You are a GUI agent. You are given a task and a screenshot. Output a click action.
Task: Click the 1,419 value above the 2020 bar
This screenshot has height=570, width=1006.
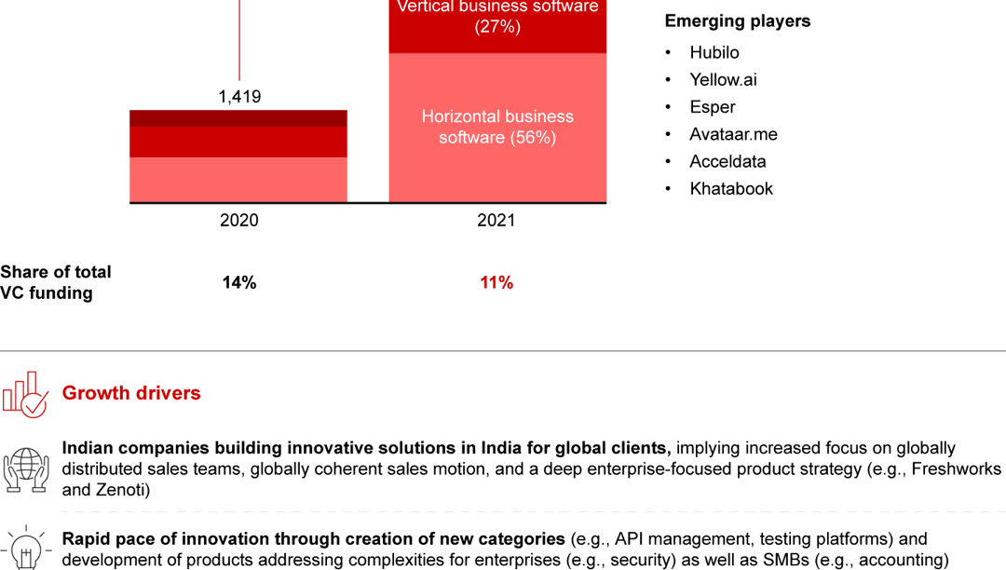point(239,96)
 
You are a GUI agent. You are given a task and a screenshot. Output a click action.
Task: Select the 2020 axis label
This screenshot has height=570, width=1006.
point(239,221)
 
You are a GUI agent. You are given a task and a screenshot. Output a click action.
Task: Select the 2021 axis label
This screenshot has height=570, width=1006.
point(496,221)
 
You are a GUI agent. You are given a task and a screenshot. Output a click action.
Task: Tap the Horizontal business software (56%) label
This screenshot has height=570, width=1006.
point(497,127)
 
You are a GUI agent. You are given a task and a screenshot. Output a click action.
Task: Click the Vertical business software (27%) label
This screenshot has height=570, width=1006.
point(497,17)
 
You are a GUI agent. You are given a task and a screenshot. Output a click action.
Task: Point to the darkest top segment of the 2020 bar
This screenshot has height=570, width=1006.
point(238,118)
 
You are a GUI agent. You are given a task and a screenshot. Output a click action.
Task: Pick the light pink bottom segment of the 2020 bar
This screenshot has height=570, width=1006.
point(238,179)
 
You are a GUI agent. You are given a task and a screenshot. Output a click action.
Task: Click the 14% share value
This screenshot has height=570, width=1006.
point(239,282)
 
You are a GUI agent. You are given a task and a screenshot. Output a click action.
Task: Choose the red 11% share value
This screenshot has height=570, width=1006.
point(496,282)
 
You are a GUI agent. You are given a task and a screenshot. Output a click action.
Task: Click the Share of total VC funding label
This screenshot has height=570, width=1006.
point(56,282)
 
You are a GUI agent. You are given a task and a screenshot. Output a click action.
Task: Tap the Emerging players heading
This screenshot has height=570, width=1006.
point(737,20)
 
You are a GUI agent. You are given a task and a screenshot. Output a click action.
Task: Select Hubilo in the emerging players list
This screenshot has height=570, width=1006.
point(714,52)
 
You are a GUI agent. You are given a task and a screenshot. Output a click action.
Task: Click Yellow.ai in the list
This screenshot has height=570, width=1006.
point(723,79)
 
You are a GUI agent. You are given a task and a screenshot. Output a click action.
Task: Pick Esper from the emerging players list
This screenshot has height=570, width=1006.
point(713,107)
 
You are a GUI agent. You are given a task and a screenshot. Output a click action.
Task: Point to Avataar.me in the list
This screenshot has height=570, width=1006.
point(733,134)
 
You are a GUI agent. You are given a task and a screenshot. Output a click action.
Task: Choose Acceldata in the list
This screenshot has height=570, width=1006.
point(727,161)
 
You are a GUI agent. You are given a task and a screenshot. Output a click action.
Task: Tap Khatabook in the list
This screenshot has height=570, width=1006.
point(731,188)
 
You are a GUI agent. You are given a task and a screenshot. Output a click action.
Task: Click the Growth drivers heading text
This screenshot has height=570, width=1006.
point(131,393)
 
